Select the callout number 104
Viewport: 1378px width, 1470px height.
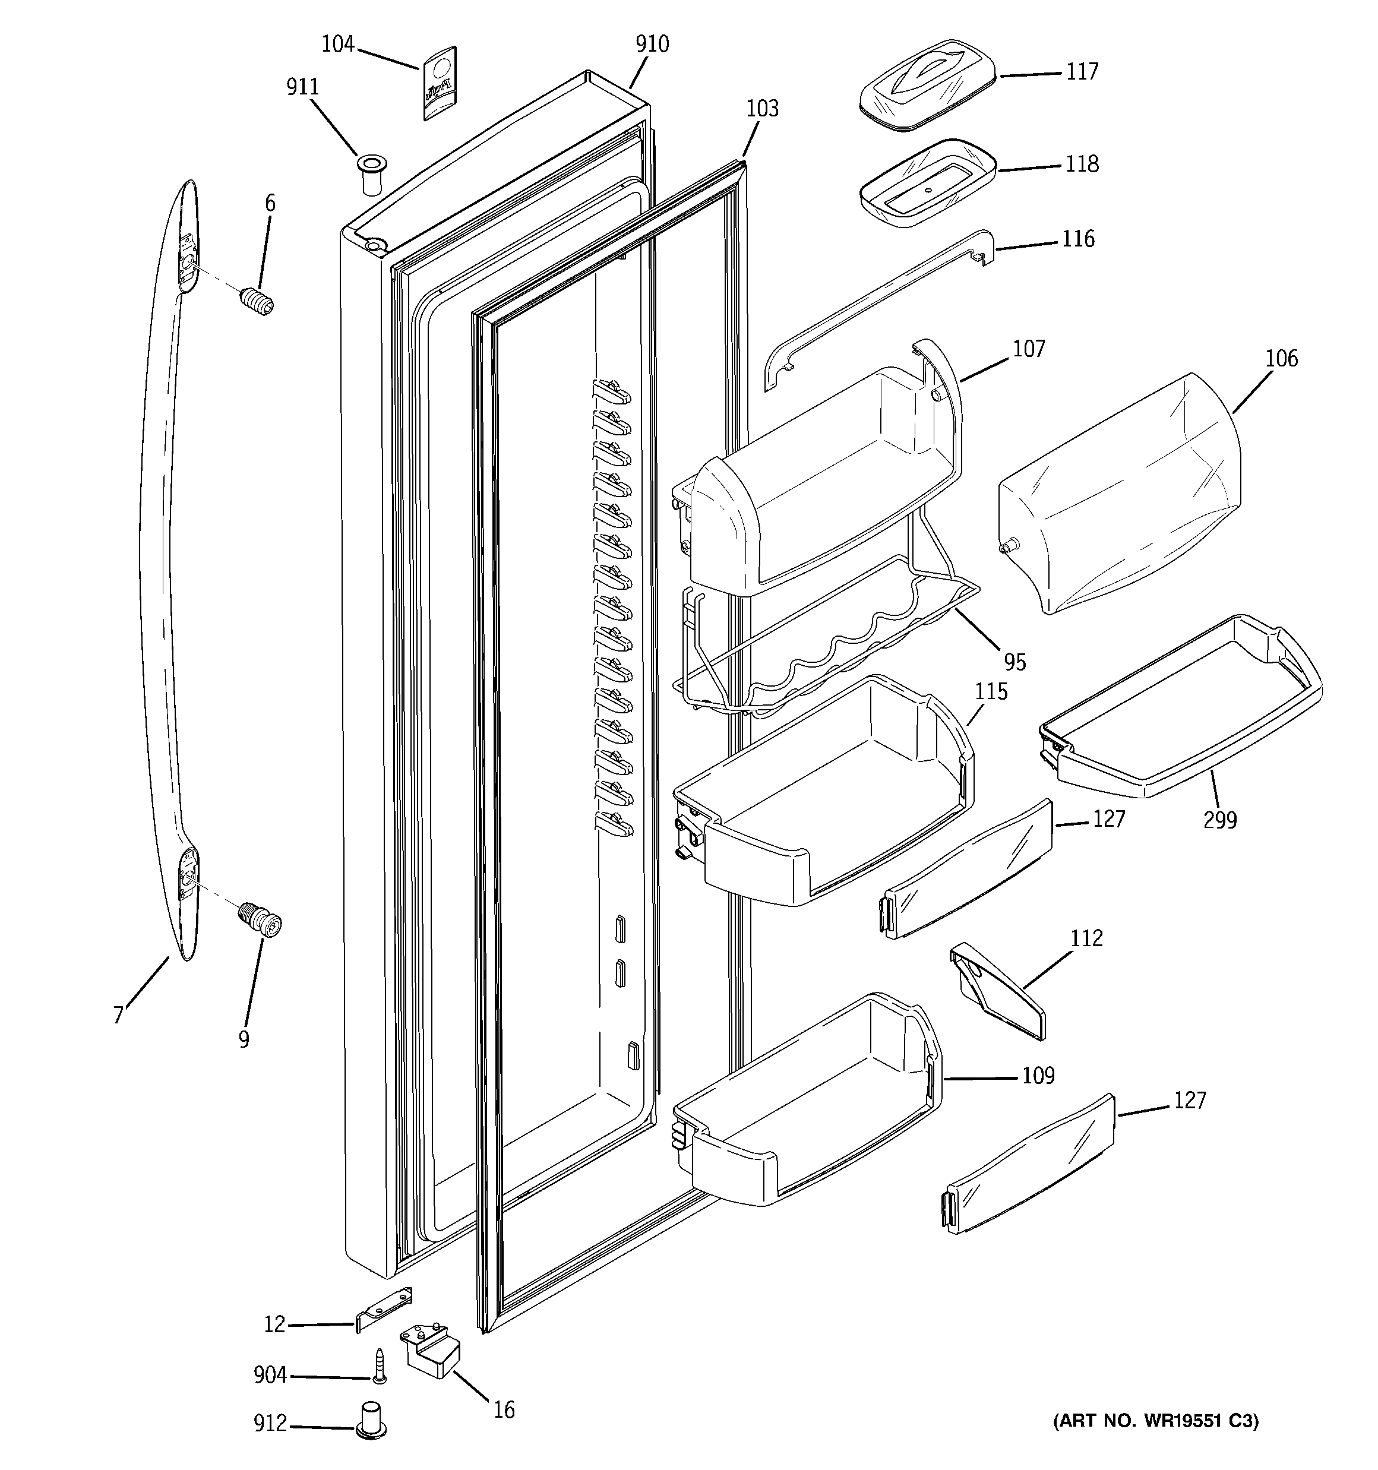[337, 45]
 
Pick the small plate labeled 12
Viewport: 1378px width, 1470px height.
[384, 1309]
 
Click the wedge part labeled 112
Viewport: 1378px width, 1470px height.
[998, 991]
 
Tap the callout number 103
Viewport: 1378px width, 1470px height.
[762, 109]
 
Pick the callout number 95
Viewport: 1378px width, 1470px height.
[1015, 662]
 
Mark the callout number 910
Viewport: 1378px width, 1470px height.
[652, 45]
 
